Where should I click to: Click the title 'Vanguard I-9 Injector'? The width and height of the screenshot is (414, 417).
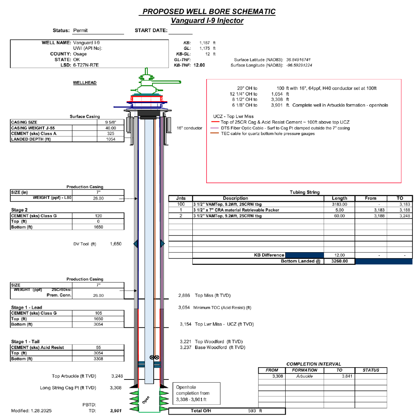207,21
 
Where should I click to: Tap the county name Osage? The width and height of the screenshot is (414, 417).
80,54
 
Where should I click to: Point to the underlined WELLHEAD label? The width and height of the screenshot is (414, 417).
85,83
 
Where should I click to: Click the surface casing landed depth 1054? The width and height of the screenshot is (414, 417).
110,139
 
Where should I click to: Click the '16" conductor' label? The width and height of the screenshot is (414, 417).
190,128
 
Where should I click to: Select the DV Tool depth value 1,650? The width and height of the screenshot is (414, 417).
115,244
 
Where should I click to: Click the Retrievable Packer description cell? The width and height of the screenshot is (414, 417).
236,210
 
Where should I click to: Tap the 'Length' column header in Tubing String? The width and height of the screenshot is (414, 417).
339,198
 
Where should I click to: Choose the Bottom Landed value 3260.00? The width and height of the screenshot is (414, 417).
339,261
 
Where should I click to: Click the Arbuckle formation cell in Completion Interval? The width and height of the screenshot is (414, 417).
304,376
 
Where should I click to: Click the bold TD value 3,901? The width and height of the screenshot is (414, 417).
115,411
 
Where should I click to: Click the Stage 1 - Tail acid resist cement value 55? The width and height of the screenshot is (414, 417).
98,347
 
